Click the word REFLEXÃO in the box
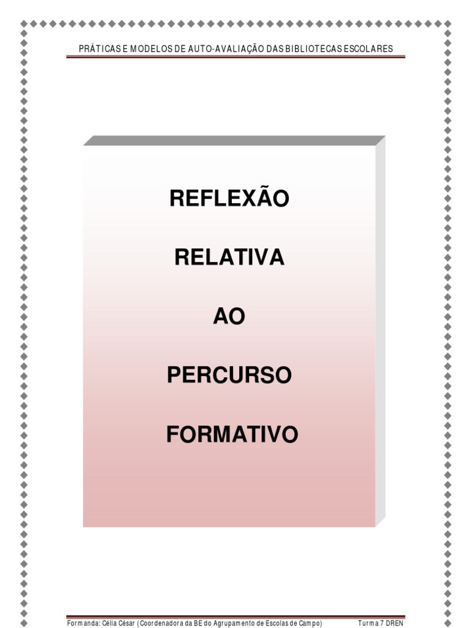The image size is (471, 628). pyautogui.click(x=229, y=198)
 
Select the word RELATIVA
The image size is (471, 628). pyautogui.click(x=229, y=258)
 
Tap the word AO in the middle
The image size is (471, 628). pyautogui.click(x=229, y=316)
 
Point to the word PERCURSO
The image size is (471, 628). pyautogui.click(x=229, y=375)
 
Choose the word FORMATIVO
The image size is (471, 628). pyautogui.click(x=232, y=435)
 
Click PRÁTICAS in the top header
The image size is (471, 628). pyautogui.click(x=100, y=49)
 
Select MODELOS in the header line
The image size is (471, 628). pyautogui.click(x=148, y=49)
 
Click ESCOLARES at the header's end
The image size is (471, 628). pyautogui.click(x=367, y=49)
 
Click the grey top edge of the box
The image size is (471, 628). pyautogui.click(x=233, y=140)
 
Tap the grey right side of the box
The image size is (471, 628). pyautogui.click(x=380, y=331)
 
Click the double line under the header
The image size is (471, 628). pyautogui.click(x=236, y=57)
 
